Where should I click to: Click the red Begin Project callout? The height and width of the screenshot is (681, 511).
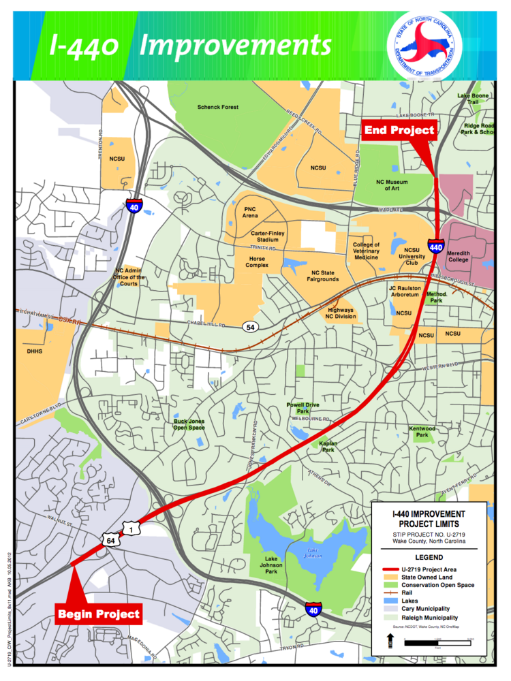(99, 614)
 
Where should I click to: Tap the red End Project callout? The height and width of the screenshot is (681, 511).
(399, 130)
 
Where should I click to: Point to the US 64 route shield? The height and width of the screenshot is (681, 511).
(110, 540)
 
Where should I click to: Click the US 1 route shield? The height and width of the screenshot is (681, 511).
(130, 528)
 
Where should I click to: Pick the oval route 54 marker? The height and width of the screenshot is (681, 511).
(251, 328)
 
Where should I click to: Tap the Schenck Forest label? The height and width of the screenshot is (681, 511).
(217, 107)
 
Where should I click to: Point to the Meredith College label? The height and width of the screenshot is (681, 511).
(463, 256)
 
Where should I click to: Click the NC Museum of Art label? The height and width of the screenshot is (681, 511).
(396, 186)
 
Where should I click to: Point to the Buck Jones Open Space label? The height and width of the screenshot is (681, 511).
(189, 424)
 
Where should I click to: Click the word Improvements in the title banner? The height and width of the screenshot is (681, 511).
(236, 46)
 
